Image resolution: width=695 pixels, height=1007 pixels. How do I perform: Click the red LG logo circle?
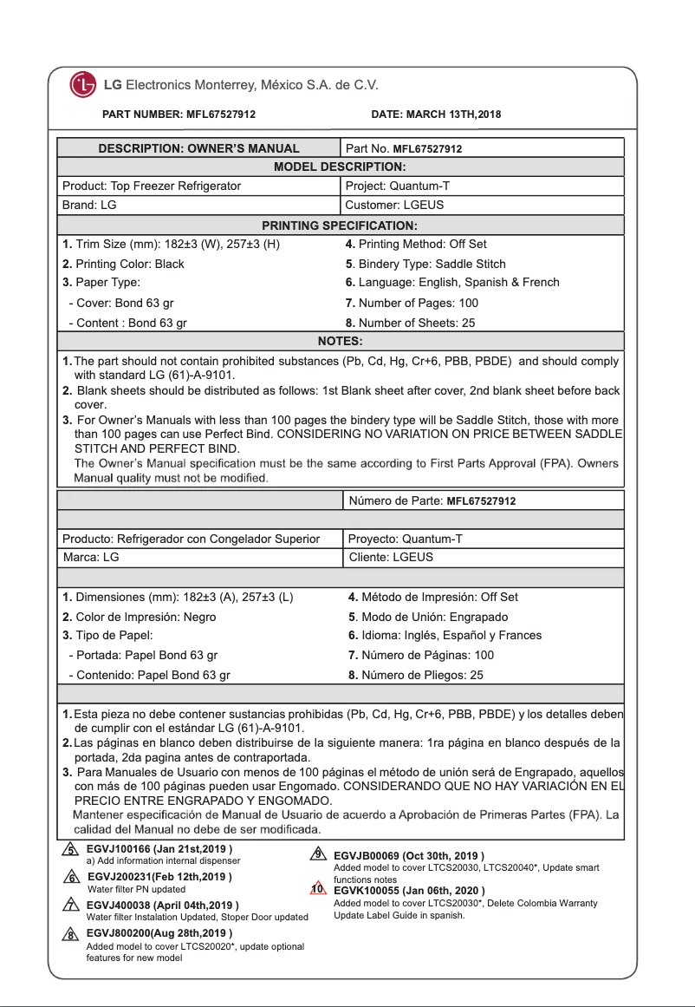click(83, 86)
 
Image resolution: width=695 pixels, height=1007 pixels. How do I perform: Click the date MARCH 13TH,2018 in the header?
click(436, 114)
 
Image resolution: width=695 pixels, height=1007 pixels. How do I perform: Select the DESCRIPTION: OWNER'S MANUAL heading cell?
click(198, 148)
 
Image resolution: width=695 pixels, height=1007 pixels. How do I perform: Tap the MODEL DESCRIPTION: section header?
click(341, 167)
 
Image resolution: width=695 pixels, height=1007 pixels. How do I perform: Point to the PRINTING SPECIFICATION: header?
click(341, 226)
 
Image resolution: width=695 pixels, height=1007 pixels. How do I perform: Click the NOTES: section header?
click(341, 341)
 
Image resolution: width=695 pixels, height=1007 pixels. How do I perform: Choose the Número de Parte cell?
click(432, 500)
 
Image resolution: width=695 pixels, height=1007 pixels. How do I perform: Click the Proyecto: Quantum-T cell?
click(405, 539)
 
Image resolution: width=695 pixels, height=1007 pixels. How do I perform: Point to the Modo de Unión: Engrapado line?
click(428, 616)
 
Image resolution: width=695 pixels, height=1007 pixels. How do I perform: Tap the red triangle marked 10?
click(318, 889)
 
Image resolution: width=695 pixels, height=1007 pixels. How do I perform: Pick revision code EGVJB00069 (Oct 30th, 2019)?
click(408, 856)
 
